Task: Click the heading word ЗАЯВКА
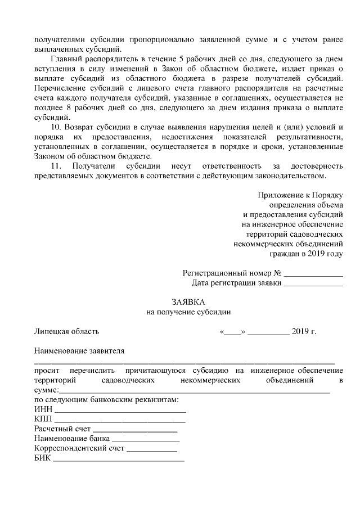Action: click(x=188, y=302)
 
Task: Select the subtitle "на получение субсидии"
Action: click(x=188, y=312)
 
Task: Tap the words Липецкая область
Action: click(x=66, y=331)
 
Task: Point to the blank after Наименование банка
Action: click(x=146, y=440)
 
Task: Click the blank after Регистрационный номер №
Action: click(x=313, y=274)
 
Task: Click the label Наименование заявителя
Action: click(x=79, y=351)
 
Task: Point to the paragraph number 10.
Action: click(x=55, y=128)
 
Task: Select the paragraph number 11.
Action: click(x=55, y=167)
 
